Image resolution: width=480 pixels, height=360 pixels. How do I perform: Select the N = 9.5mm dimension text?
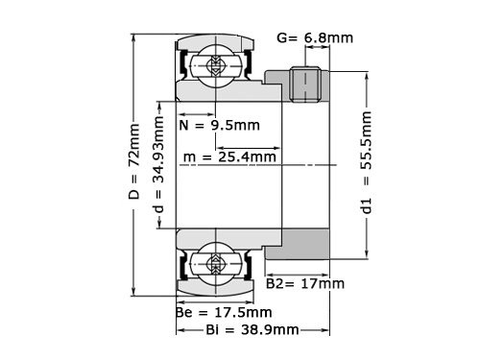tap(219, 125)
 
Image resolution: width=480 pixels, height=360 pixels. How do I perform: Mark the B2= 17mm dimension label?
tap(304, 283)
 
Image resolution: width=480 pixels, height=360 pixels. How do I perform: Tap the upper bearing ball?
tap(212, 65)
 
